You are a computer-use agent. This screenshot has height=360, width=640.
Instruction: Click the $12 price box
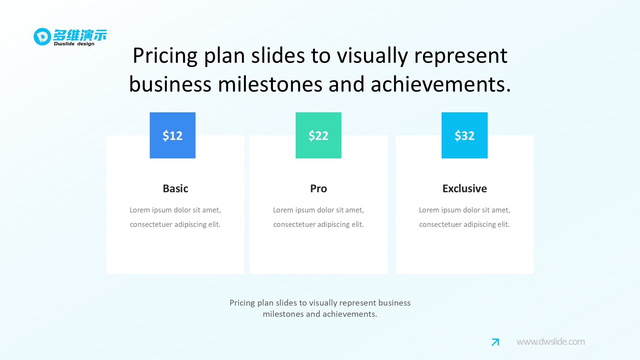click(172, 135)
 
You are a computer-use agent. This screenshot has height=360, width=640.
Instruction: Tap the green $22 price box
click(318, 135)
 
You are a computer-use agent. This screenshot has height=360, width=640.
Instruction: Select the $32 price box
click(465, 135)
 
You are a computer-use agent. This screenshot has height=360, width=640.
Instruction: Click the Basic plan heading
click(175, 188)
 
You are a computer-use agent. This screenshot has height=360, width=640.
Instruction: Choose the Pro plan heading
click(318, 188)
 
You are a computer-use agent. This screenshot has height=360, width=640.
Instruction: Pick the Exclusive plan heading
click(465, 188)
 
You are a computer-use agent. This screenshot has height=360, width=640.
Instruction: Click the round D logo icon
click(42, 36)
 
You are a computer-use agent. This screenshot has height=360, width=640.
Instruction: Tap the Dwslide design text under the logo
click(74, 44)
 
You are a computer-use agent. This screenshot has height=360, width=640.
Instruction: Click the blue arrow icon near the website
click(495, 342)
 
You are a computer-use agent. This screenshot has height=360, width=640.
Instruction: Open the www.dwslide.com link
click(551, 342)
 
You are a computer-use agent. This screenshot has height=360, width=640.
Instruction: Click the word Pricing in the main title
click(165, 56)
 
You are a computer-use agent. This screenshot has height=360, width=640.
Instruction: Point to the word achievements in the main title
click(441, 84)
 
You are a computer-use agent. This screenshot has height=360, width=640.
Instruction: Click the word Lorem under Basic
click(140, 210)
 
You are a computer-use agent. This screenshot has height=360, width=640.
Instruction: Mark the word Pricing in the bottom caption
click(242, 303)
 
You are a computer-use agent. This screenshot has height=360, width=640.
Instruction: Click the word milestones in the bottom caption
click(283, 314)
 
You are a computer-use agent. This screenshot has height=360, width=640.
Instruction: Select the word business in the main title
click(170, 84)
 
